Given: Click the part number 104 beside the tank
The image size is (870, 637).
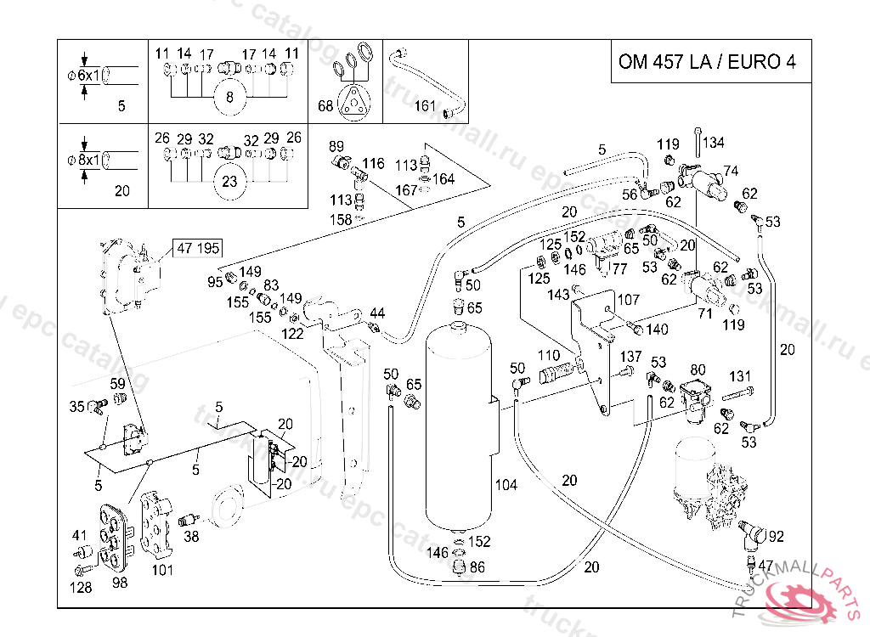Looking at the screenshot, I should coord(506,485).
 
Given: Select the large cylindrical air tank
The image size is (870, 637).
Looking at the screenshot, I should coord(460,425).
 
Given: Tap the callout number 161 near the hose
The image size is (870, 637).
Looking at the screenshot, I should coord(425,106).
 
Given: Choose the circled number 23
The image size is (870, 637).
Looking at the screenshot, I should coord(229,180).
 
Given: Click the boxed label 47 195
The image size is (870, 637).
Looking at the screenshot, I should coord(197,248).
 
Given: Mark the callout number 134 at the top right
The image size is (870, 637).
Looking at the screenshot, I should coord(714,142).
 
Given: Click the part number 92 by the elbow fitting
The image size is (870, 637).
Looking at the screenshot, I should coord(776,536).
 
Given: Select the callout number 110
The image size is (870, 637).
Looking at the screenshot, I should coord(549,355).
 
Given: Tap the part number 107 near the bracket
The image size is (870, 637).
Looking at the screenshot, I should coord(628,300).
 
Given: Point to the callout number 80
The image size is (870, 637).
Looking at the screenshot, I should coord(698,369).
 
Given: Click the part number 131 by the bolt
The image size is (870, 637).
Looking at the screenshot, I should coord(740,375).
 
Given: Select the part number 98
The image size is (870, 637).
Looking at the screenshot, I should coord(119,583).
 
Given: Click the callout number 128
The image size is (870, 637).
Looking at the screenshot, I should coord(81,587).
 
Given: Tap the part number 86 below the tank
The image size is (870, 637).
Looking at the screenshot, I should coord(477,567).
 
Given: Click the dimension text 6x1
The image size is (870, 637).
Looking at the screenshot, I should coord(88,76).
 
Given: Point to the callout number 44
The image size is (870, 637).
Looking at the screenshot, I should coord(377,313).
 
